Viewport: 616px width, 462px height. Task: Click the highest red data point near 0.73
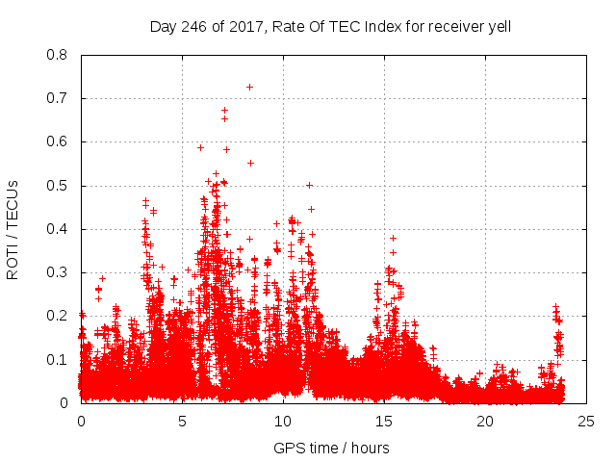249,87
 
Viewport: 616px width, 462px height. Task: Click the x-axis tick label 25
585,422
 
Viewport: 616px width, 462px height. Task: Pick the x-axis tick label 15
383,422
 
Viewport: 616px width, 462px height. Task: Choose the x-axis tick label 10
283,422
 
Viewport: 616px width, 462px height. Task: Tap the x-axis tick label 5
182,422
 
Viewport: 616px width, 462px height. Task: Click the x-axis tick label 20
484,422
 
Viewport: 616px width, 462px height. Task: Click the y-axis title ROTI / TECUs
13,229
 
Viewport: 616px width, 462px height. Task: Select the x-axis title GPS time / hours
331,448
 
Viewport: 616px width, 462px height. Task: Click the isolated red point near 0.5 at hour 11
309,185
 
